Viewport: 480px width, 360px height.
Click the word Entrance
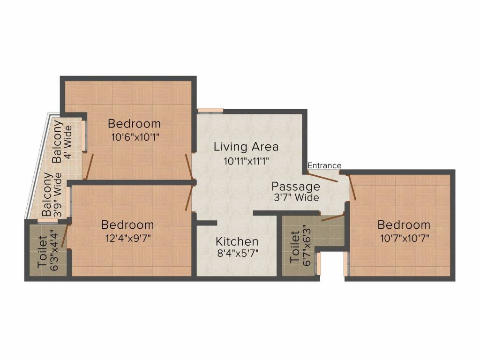point(324,165)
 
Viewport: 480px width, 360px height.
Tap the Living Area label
point(246,147)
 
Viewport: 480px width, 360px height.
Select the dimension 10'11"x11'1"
point(246,161)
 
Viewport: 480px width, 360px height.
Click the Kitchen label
point(237,242)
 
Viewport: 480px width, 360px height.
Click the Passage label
point(296,187)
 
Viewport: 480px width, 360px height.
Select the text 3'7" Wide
point(296,198)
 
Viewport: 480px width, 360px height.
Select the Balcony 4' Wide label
point(61,142)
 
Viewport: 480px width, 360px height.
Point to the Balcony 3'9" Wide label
point(52,194)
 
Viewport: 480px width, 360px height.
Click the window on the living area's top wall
point(210,111)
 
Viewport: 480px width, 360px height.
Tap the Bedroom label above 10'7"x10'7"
point(404,225)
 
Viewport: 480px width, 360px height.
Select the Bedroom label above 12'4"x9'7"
point(127,225)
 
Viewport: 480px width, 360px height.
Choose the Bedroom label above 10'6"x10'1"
point(134,124)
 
